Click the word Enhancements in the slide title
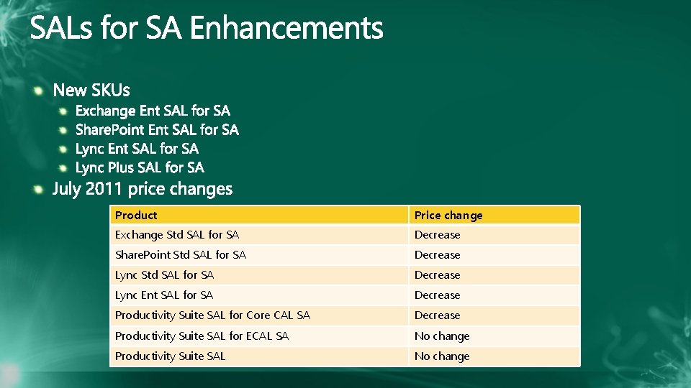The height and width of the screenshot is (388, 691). click(286, 29)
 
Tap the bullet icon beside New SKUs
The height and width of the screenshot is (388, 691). click(39, 90)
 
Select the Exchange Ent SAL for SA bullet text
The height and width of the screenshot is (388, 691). click(153, 111)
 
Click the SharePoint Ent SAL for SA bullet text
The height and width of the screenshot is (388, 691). click(157, 129)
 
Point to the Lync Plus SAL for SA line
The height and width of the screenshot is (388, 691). click(140, 167)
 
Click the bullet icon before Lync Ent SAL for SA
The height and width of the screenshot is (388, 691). click(63, 149)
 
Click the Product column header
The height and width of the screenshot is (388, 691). click(136, 215)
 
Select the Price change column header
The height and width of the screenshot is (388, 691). click(448, 215)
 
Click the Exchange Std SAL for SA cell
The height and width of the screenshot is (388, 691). click(177, 234)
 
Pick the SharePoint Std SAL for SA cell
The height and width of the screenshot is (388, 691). click(181, 254)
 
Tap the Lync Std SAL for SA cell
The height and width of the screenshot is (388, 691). click(164, 274)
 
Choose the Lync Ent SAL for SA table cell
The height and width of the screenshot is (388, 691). click(164, 295)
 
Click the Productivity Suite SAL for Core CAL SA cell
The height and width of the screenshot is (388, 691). click(212, 315)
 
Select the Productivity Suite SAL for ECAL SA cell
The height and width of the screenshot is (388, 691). click(202, 336)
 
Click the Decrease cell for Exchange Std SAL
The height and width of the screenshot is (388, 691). click(437, 234)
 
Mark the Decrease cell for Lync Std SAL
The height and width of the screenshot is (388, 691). click(437, 274)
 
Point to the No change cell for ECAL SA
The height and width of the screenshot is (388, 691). click(441, 336)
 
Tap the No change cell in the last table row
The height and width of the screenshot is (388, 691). click(441, 356)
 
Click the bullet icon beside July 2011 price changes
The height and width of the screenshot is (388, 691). click(39, 189)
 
